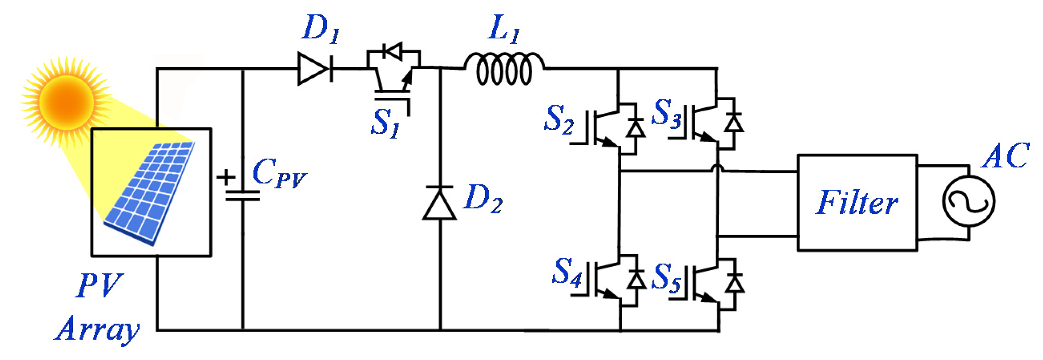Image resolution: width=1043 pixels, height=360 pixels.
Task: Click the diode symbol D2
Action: [440, 203]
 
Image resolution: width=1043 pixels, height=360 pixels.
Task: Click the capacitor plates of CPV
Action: [242, 196]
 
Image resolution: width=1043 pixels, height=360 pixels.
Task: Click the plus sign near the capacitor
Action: [226, 177]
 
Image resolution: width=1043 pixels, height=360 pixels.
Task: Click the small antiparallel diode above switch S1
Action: [393, 52]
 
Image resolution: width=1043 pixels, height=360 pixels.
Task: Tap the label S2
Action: [559, 119]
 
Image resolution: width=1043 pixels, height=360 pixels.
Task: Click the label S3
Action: [666, 113]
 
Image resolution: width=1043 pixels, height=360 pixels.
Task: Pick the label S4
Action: [567, 272]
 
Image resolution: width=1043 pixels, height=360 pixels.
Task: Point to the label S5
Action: [666, 278]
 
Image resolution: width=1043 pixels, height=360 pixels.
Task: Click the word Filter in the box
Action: [856, 203]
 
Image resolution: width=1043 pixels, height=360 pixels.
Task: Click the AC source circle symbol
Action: [968, 201]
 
